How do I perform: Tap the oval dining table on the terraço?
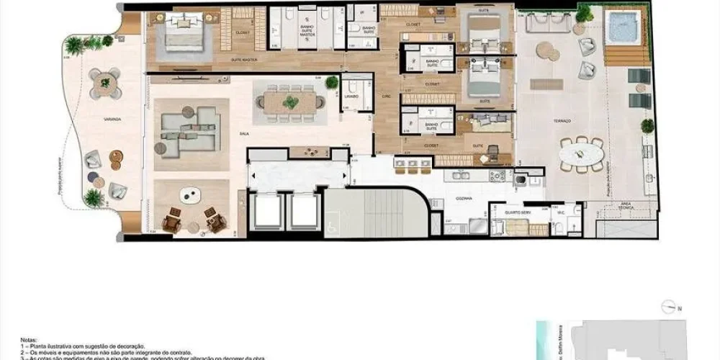582,153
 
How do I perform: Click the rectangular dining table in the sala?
289,102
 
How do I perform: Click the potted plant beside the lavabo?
331,83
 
